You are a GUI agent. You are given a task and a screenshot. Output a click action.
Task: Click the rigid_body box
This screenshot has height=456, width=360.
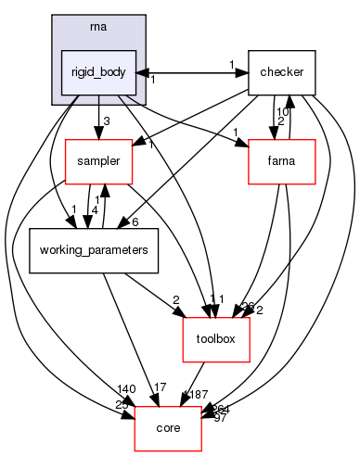click(98, 71)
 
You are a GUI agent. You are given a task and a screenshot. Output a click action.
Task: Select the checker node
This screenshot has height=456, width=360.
click(282, 71)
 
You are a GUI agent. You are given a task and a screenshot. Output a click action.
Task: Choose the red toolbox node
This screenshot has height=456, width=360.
click(216, 338)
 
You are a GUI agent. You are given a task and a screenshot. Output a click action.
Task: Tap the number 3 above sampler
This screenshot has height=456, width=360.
click(108, 121)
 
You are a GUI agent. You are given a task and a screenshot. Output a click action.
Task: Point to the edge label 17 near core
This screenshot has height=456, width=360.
click(159, 387)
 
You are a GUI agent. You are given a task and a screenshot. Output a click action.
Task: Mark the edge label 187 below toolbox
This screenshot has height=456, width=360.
click(197, 395)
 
